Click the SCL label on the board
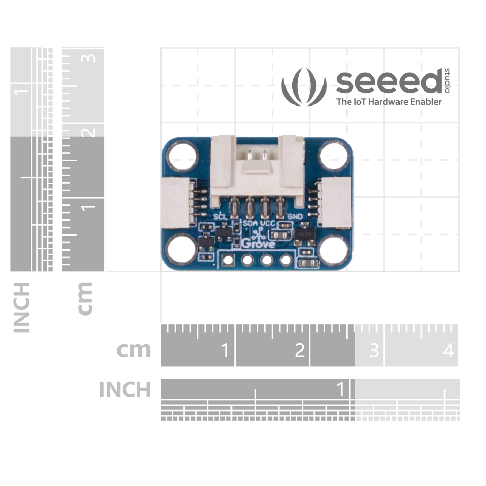(x=221, y=217)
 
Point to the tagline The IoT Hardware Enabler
(x=389, y=102)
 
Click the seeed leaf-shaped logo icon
(x=304, y=87)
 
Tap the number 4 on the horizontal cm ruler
(x=448, y=350)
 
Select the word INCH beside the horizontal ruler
(x=125, y=390)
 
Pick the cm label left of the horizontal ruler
(x=133, y=350)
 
